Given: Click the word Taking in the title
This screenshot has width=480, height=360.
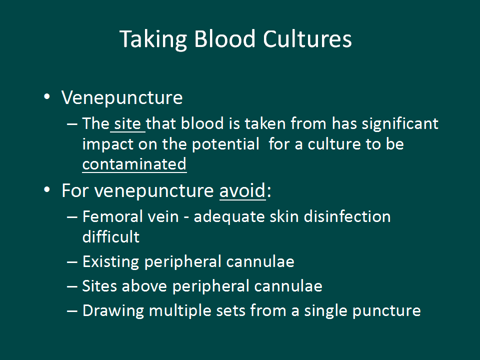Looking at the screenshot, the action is pos(153,39).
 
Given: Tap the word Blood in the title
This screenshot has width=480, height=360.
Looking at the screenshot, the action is pos(224,39).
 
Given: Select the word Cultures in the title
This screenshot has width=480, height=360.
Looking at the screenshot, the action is pos(307,39).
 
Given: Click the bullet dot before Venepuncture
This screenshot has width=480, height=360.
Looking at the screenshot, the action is pos(47,96).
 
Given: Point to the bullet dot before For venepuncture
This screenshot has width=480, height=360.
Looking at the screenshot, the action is pos(47,190).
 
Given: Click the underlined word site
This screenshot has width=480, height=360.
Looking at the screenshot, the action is pos(127,124).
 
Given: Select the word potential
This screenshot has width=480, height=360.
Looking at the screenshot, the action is pos(225,144).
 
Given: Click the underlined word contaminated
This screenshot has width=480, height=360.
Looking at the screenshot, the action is pos(134,164).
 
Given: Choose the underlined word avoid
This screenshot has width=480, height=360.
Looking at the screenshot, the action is pos(242,190).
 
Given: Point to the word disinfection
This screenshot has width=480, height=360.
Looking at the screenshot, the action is pos(347,216).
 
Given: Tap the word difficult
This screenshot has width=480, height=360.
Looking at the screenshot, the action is pos(111,237).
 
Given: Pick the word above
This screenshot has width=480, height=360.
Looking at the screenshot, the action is pos(144,286).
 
